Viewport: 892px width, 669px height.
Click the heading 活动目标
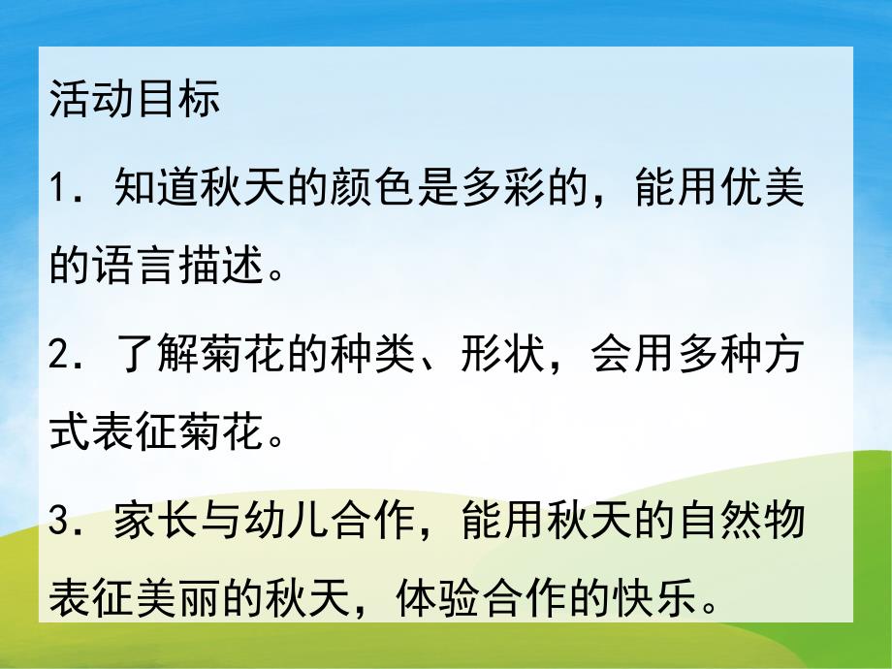pos(135,101)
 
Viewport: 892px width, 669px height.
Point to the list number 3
pos(62,521)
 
